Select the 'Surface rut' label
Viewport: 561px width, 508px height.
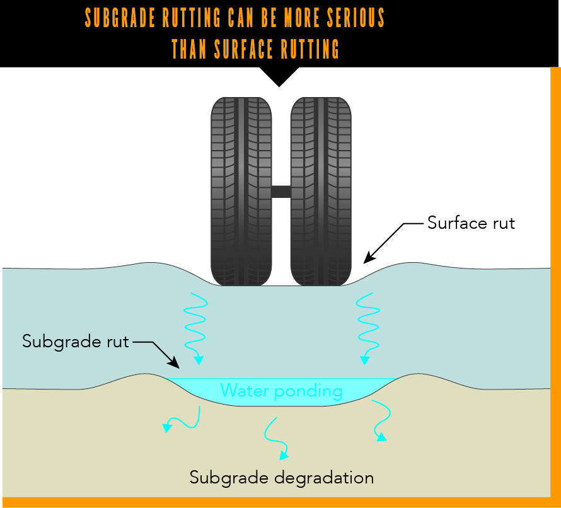click(471, 223)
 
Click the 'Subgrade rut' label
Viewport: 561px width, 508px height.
click(76, 342)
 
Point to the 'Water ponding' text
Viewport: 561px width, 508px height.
click(281, 391)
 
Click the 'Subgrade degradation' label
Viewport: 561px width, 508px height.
click(282, 477)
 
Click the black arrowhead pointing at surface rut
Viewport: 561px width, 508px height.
click(369, 258)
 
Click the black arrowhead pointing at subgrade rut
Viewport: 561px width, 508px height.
click(175, 364)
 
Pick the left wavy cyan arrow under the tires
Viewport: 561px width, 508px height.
click(194, 328)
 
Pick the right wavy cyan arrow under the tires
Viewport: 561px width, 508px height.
click(367, 328)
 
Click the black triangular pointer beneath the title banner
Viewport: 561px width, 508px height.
click(279, 76)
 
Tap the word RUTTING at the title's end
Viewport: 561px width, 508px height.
click(309, 49)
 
